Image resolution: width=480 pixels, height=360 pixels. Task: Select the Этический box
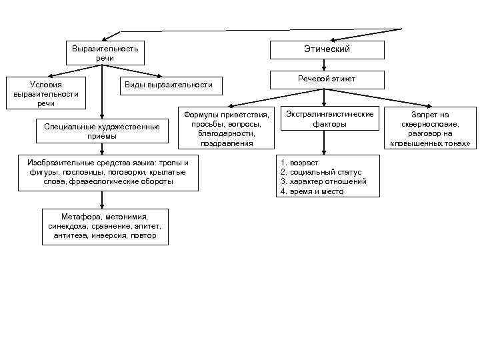click(x=327, y=50)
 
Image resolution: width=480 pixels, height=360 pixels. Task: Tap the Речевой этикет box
click(x=327, y=79)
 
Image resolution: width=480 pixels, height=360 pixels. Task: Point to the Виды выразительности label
click(x=169, y=85)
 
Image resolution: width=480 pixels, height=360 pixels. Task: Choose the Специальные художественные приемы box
click(x=101, y=131)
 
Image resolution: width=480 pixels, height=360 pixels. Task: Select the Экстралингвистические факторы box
click(x=329, y=119)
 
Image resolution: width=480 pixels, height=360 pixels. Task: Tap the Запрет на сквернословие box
click(x=430, y=129)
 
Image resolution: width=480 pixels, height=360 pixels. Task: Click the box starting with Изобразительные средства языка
click(x=107, y=172)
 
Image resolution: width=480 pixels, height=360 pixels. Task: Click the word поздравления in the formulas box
click(x=226, y=143)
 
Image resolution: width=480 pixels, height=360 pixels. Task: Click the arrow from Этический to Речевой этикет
click(x=323, y=65)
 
